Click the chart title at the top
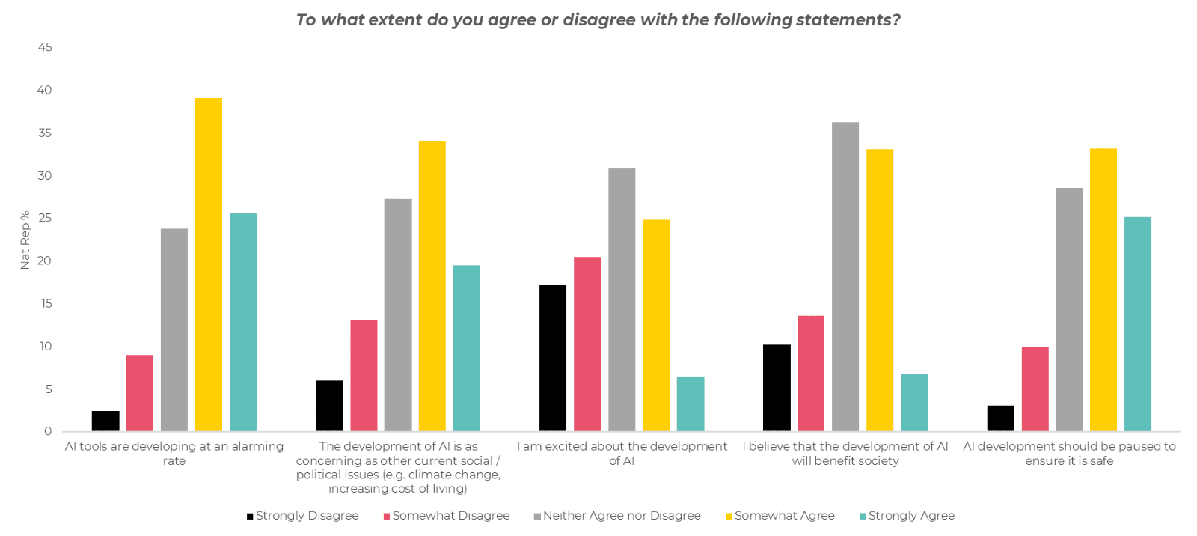(x=598, y=20)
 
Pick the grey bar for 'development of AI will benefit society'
(x=845, y=276)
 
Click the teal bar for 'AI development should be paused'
(x=1138, y=323)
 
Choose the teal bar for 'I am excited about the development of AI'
(x=691, y=403)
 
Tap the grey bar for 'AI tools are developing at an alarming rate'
(x=174, y=329)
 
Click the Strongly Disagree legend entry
(x=303, y=516)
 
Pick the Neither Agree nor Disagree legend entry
(x=616, y=516)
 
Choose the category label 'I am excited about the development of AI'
(x=621, y=454)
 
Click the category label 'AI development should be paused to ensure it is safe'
(x=1069, y=454)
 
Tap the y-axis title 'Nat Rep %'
(x=26, y=240)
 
